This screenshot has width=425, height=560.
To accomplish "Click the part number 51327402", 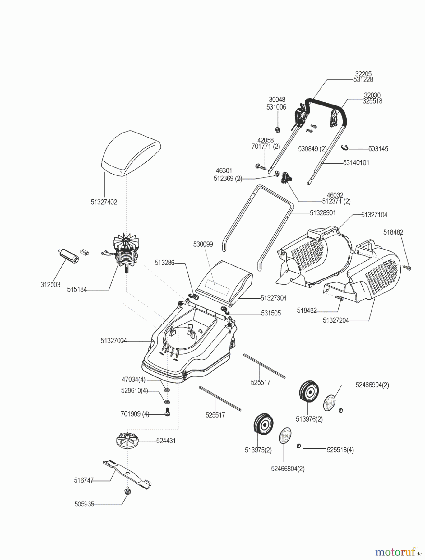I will [104, 202].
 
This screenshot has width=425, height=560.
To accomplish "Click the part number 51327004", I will [113, 341].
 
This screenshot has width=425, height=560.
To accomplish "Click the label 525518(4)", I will [340, 450].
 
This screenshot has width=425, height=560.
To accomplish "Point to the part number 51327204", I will [335, 320].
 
